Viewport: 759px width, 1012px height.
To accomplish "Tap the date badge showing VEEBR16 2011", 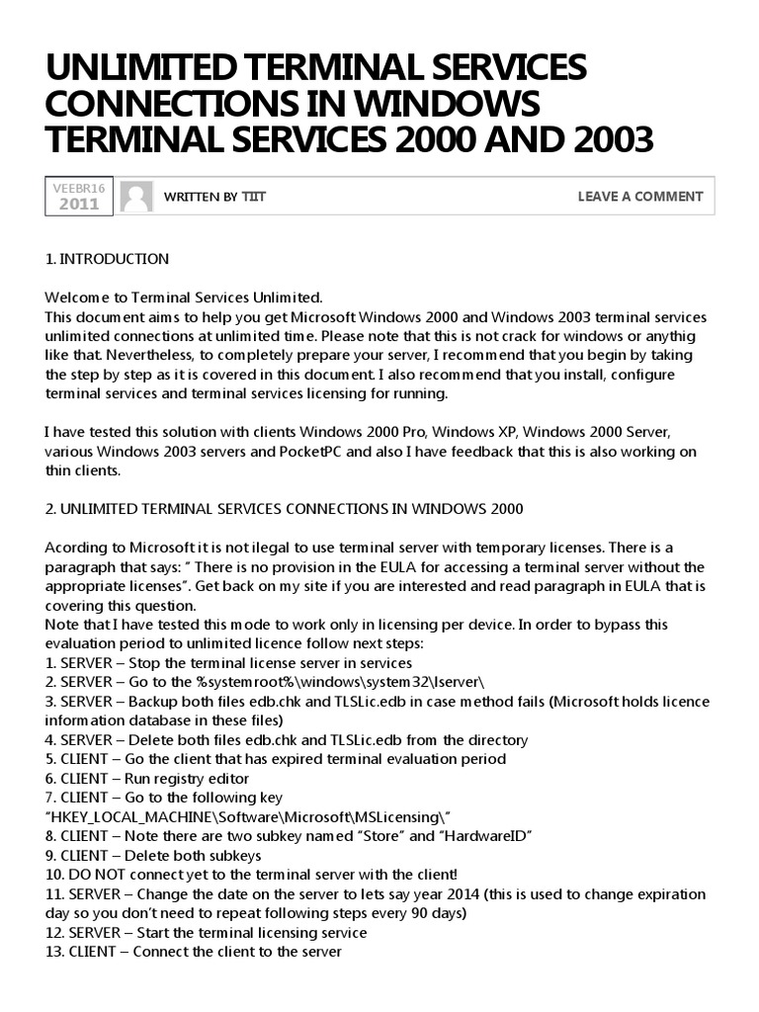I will coord(79,196).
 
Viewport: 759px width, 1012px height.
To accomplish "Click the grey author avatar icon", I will coord(136,196).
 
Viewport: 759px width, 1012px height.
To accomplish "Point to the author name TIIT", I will coord(254,197).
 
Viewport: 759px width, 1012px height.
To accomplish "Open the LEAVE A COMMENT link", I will coord(639,197).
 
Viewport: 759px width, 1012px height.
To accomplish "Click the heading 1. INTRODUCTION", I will coord(107,259).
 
